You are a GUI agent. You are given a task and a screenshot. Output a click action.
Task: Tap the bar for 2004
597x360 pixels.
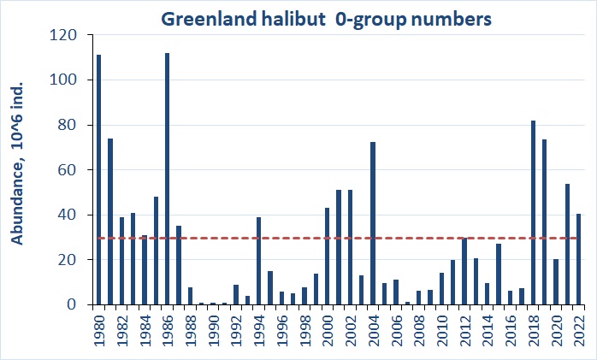tap(373, 223)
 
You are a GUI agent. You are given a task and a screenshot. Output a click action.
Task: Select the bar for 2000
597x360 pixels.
tap(328, 257)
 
